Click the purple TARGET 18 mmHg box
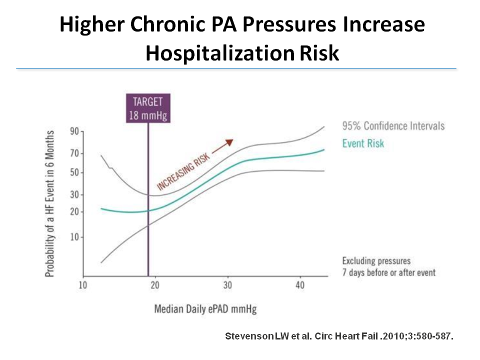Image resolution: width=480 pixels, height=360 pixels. pyautogui.click(x=148, y=108)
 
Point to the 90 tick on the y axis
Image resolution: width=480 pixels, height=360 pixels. pyautogui.click(x=74, y=132)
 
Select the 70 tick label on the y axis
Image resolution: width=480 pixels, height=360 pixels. pyautogui.click(x=74, y=153)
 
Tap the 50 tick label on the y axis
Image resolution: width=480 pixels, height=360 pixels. pyautogui.click(x=74, y=173)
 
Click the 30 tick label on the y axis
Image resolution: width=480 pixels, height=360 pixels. pyautogui.click(x=74, y=195)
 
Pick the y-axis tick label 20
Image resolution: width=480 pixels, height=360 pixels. pyautogui.click(x=74, y=212)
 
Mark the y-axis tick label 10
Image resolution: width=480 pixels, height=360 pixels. pyautogui.click(x=74, y=237)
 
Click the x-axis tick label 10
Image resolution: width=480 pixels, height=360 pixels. pyautogui.click(x=83, y=286)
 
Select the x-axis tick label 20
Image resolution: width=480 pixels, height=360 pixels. pyautogui.click(x=155, y=286)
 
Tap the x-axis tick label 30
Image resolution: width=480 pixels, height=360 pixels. pyautogui.click(x=228, y=286)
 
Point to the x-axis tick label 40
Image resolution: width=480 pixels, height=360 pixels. pyautogui.click(x=299, y=286)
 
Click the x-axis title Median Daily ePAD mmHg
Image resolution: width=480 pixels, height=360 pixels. pyautogui.click(x=205, y=309)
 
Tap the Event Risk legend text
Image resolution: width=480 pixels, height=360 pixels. pyautogui.click(x=363, y=143)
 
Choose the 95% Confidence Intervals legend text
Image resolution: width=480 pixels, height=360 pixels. pyautogui.click(x=393, y=125)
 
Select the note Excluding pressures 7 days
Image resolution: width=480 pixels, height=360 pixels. pyautogui.click(x=388, y=266)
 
